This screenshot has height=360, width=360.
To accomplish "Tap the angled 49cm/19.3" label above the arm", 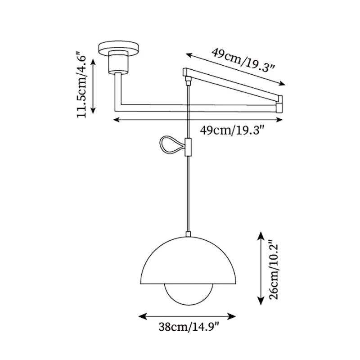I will point(243,60).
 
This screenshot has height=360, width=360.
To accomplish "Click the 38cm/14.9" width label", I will point(189,327).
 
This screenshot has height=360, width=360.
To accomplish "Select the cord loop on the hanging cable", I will point(171,145).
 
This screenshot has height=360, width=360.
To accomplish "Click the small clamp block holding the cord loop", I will point(189,147).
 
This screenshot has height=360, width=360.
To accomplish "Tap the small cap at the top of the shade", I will point(189,234).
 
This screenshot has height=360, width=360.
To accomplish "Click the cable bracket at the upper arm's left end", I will point(188,80).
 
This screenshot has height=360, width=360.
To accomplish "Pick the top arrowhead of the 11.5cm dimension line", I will point(94,61).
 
